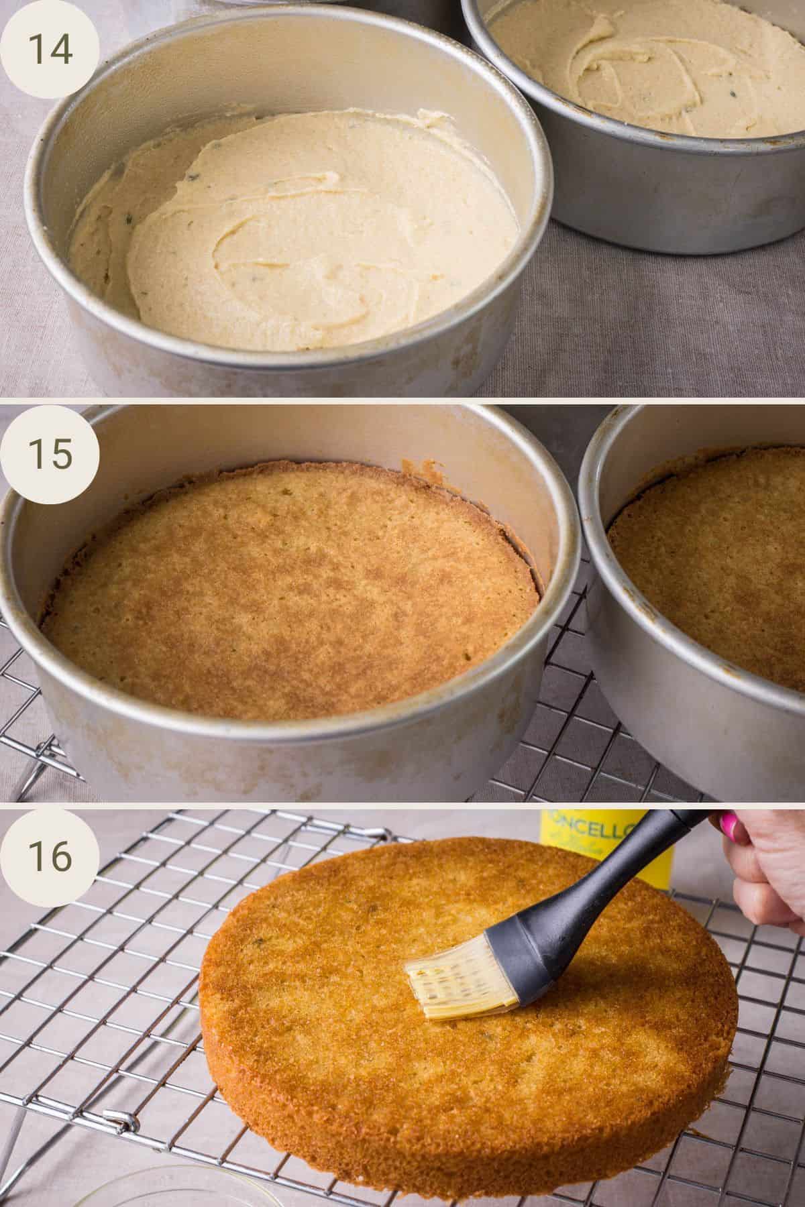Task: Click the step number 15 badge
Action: pos(50,454)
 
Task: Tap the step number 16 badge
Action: pos(50,856)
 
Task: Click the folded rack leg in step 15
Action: pos(40,758)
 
